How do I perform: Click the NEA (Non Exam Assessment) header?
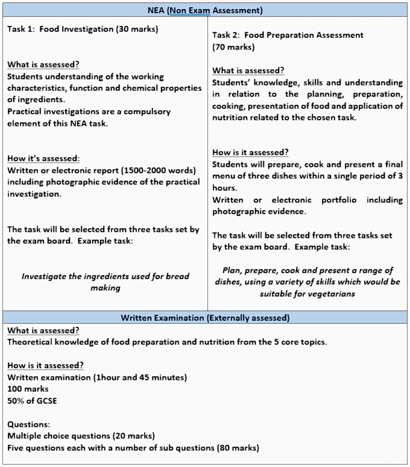(205, 10)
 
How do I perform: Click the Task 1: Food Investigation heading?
(83, 29)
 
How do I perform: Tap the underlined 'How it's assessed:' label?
(43, 158)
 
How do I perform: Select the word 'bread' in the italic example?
(176, 276)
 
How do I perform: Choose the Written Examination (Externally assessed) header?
(205, 317)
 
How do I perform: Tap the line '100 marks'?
(28, 389)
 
